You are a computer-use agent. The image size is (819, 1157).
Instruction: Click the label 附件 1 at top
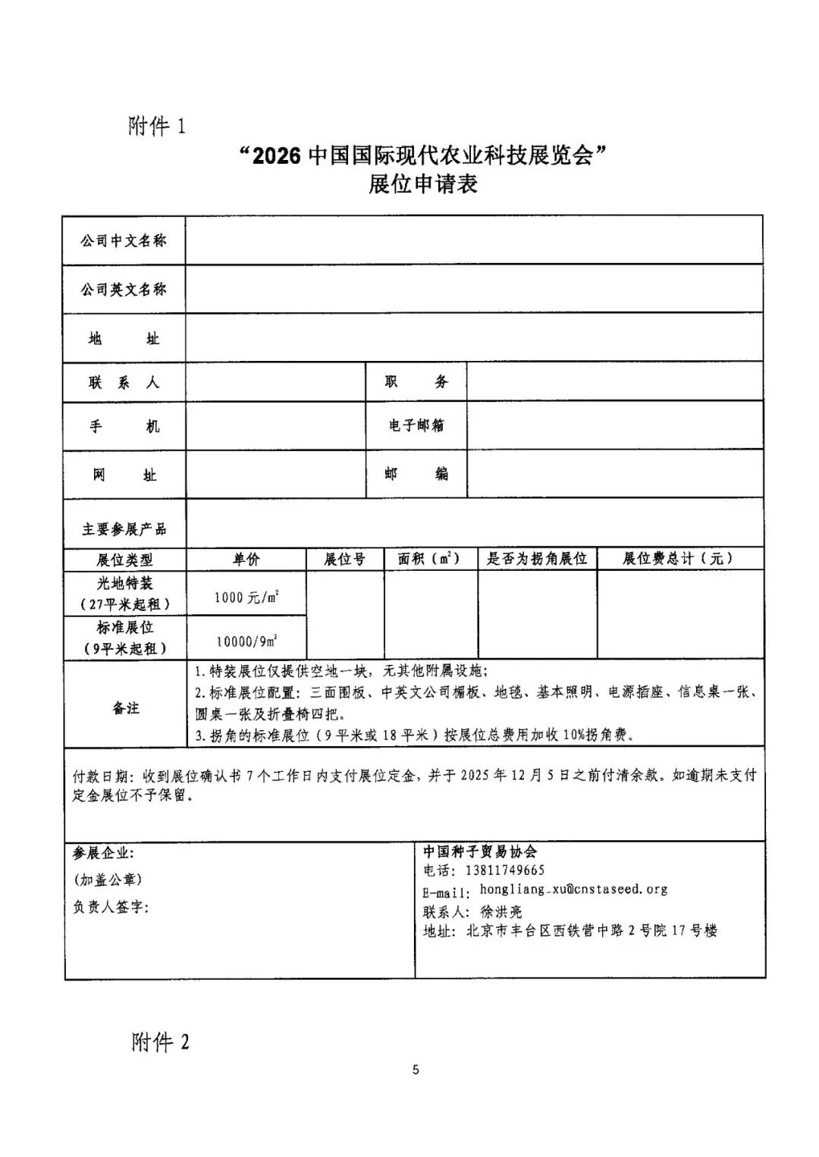pos(157,125)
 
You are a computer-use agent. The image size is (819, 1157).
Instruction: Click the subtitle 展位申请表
pos(422,184)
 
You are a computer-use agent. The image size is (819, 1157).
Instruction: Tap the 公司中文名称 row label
pos(124,241)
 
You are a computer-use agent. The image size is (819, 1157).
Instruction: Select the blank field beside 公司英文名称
pos(474,289)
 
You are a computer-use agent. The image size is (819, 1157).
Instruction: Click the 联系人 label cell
pos(124,383)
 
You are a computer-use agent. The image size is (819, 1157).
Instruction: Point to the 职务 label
pos(416,382)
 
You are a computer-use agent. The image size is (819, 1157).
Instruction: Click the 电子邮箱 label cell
pos(416,425)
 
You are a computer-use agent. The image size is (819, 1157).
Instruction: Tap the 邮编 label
pos(416,474)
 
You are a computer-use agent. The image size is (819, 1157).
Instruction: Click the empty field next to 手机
pos(275,426)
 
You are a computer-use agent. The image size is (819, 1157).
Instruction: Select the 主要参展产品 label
pos(124,528)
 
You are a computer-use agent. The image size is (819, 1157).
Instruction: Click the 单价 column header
pos(246,559)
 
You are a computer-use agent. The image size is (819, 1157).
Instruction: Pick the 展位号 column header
pos(344,559)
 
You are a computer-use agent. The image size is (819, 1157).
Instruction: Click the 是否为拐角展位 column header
pos(537,559)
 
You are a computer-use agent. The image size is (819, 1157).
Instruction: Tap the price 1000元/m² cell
pos(246,597)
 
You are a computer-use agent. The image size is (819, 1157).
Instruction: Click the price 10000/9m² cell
pos(246,641)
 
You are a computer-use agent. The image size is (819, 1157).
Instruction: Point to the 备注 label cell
pos(126,708)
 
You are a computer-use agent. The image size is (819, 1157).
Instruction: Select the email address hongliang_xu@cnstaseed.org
pos(573,889)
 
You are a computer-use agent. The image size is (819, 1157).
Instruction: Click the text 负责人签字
pos(111,907)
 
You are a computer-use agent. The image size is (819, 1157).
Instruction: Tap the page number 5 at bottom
pos(416,1070)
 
